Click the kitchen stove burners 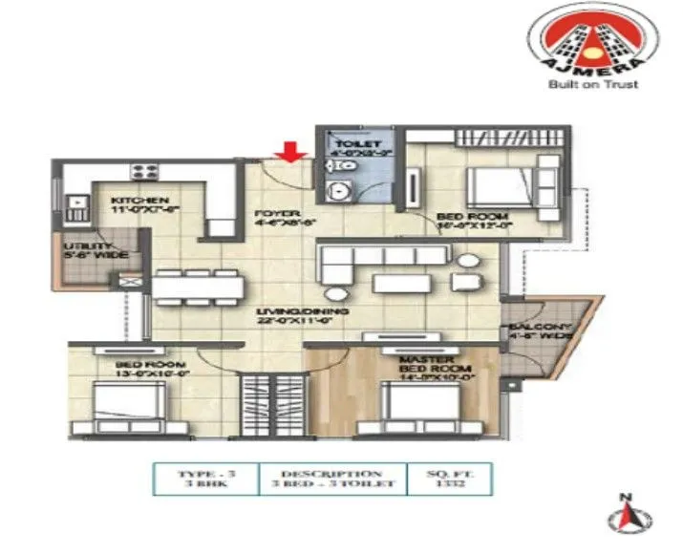click(x=144, y=172)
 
